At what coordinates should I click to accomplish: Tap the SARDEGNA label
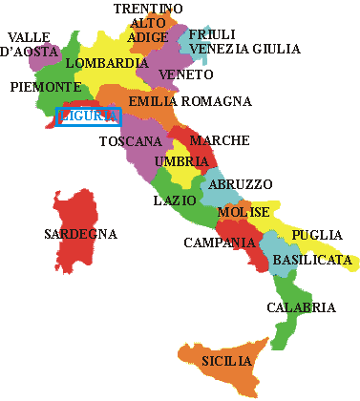[81, 234]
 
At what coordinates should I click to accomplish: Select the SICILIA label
[226, 362]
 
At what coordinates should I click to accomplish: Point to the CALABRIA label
[301, 307]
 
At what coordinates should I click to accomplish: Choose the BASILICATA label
[311, 260]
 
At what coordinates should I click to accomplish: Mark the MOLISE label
[244, 212]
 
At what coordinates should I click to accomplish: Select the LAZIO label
[176, 201]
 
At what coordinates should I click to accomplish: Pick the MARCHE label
[220, 141]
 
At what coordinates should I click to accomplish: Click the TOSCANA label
[130, 142]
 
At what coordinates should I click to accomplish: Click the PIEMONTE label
[45, 87]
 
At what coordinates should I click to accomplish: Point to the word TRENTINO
[148, 9]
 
